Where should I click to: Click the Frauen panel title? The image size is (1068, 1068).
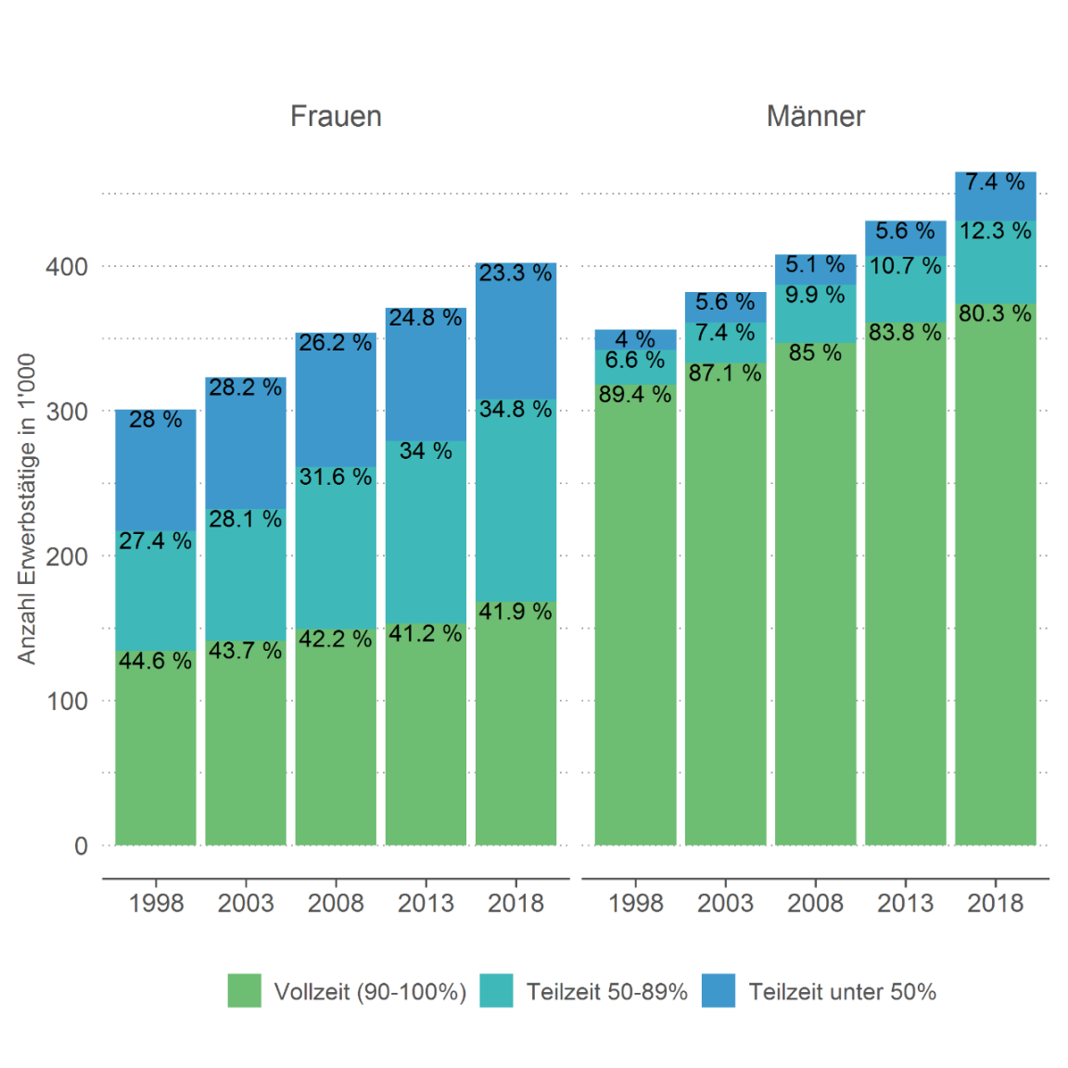[336, 117]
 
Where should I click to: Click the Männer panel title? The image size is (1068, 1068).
[815, 117]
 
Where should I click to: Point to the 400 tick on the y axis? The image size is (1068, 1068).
[67, 267]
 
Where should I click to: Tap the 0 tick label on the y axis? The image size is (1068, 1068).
[81, 845]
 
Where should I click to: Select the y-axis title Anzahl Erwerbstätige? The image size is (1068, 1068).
[27, 508]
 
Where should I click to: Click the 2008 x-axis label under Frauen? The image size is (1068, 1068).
[336, 903]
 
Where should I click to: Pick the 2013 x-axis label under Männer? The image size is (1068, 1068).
[905, 903]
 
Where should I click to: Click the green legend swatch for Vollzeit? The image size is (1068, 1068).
[245, 991]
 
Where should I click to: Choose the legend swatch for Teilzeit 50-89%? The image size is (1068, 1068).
[497, 991]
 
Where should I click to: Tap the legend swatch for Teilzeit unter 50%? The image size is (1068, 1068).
[718, 991]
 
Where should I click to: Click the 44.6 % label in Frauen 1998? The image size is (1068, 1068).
[155, 661]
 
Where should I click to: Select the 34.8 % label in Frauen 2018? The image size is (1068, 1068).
[515, 410]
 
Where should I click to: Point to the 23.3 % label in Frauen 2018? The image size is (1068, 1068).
[515, 273]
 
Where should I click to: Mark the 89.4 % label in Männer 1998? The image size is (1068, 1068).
[635, 395]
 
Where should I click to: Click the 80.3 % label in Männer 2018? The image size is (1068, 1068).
[995, 313]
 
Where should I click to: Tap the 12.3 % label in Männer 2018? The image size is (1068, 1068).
[995, 231]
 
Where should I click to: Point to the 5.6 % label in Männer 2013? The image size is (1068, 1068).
[905, 231]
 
